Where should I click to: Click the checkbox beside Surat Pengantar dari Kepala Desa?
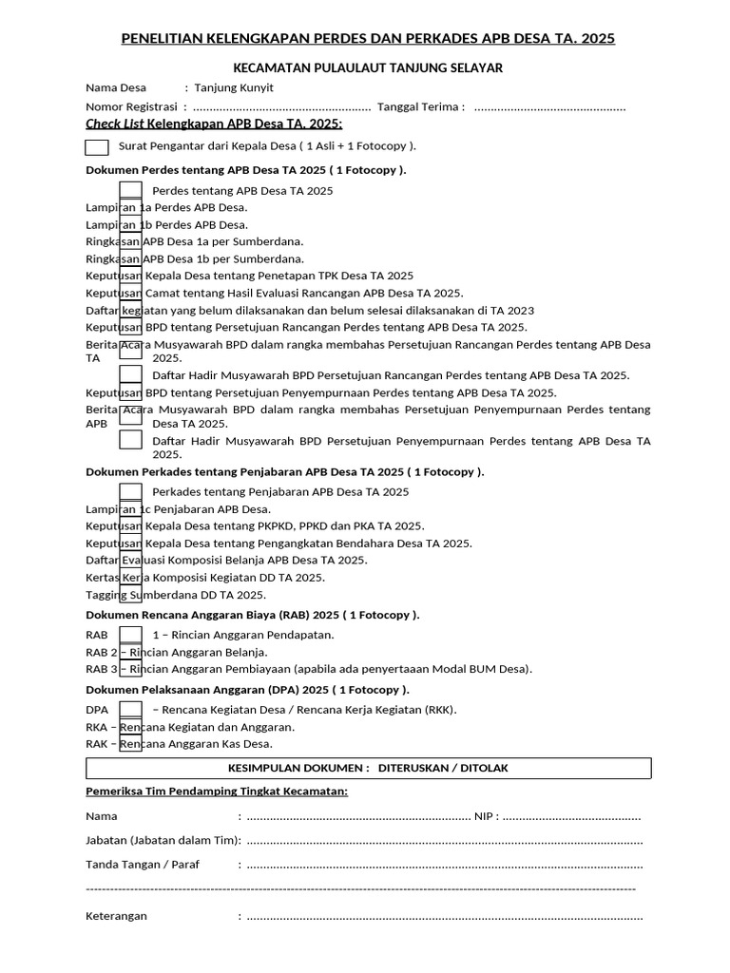97,146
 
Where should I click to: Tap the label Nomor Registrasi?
132,106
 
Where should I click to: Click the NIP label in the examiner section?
485,816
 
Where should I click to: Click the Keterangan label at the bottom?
116,917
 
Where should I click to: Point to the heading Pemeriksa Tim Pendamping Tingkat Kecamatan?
217,792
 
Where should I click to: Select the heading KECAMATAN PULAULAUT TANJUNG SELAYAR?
369,67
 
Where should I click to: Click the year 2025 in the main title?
596,38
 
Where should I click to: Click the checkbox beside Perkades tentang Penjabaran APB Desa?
131,491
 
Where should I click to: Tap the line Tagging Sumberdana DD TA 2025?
176,595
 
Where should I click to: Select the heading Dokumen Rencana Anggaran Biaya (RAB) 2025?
253,615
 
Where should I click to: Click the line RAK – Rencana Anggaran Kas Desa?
179,744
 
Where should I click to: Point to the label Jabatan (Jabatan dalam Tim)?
163,840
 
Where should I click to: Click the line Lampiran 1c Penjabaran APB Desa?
178,509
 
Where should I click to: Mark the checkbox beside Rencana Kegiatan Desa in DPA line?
131,710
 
